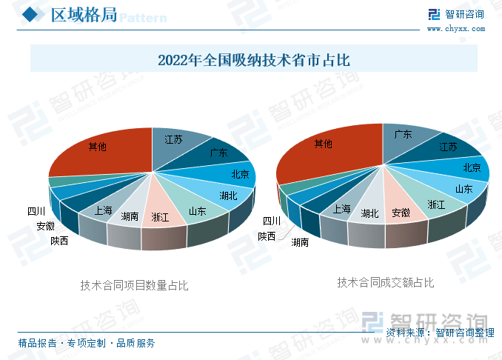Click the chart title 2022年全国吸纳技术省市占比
click(254, 60)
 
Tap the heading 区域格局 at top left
click(84, 15)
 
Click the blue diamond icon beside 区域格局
click(30, 14)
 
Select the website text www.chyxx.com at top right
click(456, 29)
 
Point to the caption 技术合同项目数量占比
click(134, 285)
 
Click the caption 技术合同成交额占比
click(386, 282)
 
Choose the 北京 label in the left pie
click(241, 174)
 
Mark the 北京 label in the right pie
click(472, 167)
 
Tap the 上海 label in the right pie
click(342, 209)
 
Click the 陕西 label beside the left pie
click(59, 241)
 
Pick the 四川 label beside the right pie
click(272, 221)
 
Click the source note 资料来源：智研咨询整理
click(441, 333)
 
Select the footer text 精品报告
click(37, 344)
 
